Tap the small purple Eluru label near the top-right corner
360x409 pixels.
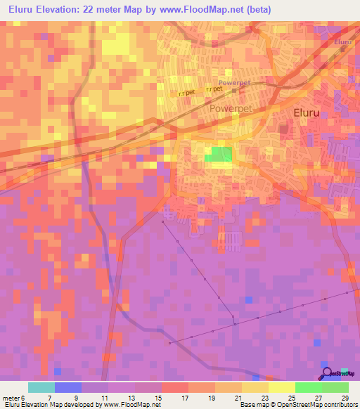(x=342, y=43)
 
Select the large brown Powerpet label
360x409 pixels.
(x=231, y=110)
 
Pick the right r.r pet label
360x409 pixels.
(x=214, y=90)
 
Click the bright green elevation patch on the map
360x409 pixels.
(x=219, y=155)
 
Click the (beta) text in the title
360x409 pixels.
(x=256, y=10)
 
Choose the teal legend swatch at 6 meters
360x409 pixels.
(x=41, y=387)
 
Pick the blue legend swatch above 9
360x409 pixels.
(x=67, y=387)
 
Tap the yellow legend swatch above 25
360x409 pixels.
(x=281, y=387)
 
